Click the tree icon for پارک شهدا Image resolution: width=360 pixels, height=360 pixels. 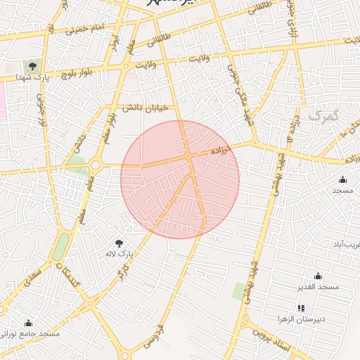click(x=33, y=66)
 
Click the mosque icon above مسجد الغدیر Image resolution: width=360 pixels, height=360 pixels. click(x=319, y=276)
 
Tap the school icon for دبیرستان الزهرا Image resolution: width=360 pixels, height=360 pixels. click(x=301, y=308)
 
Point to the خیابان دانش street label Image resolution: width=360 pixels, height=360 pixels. click(x=144, y=108)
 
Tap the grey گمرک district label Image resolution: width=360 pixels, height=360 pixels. click(x=323, y=115)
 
